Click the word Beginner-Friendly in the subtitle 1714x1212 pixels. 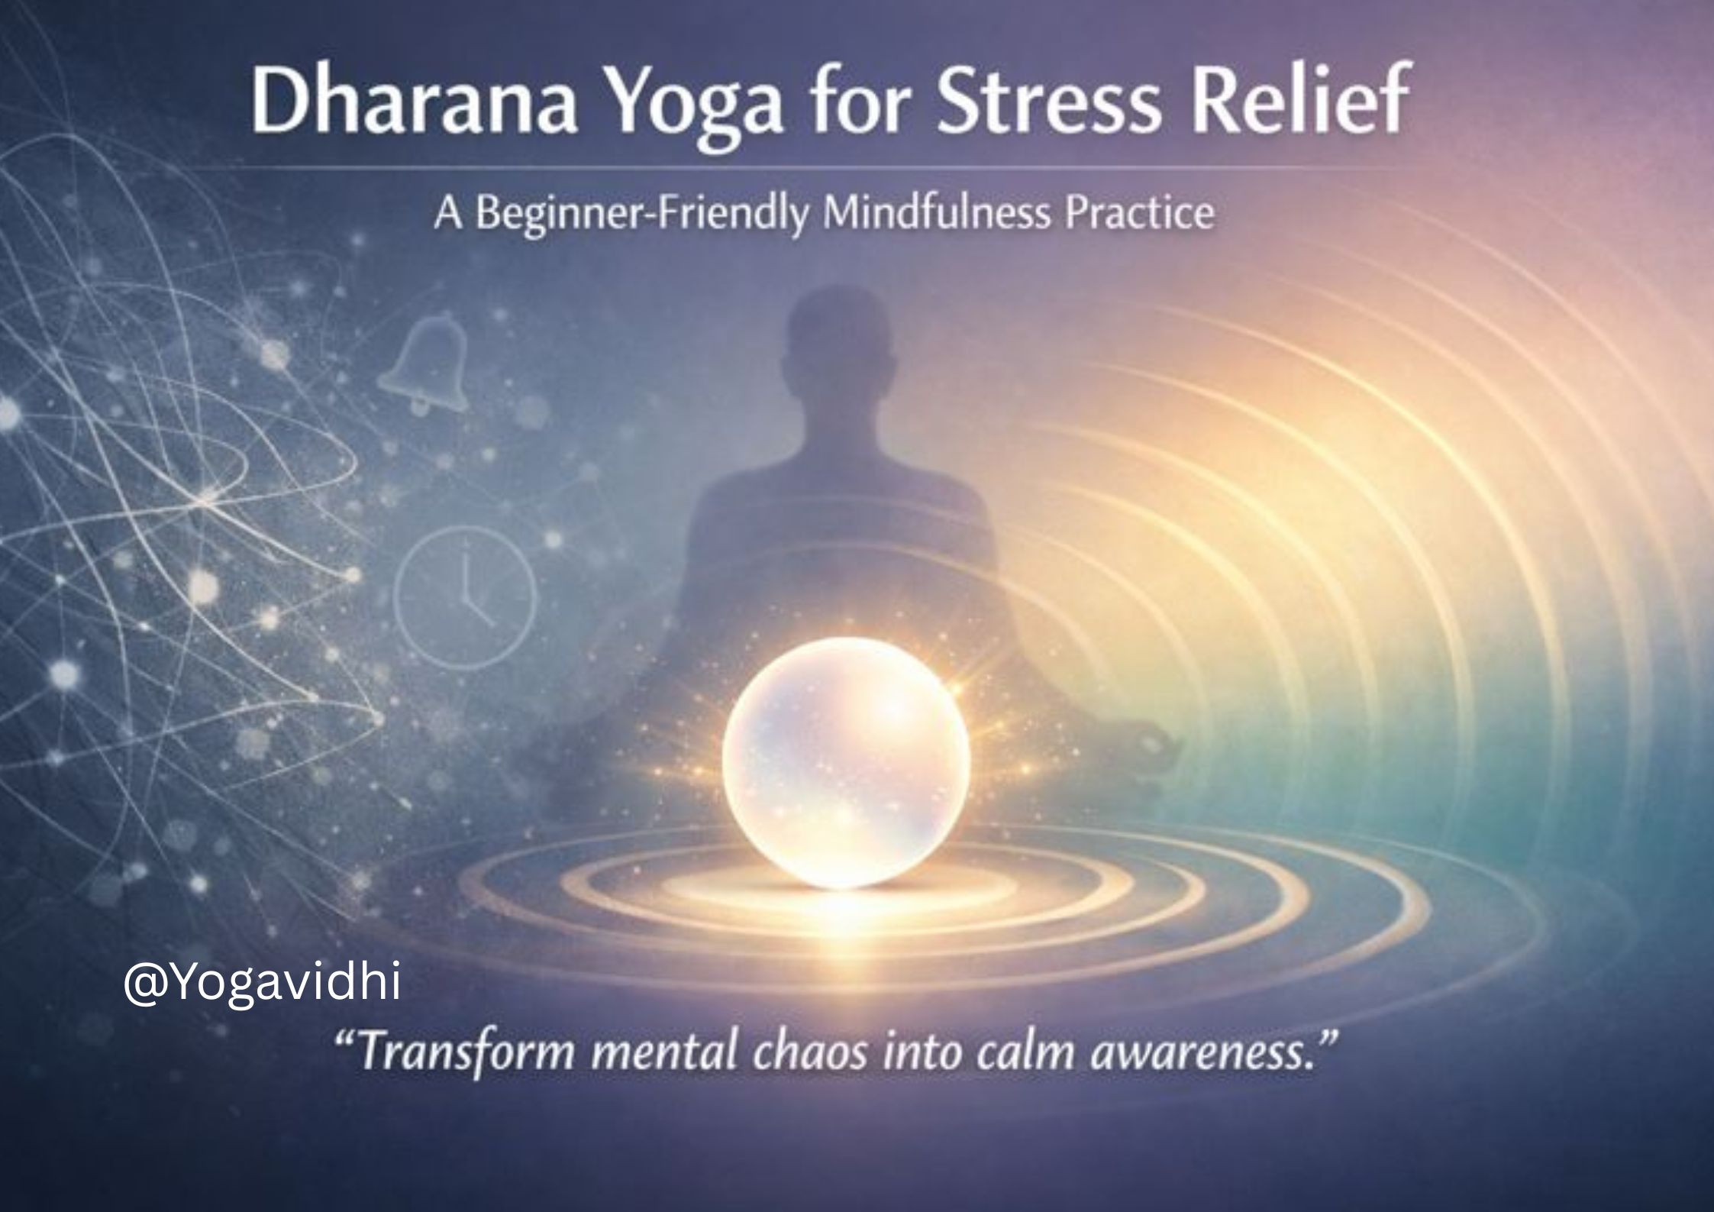tap(642, 215)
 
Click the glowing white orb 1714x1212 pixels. tap(846, 762)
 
